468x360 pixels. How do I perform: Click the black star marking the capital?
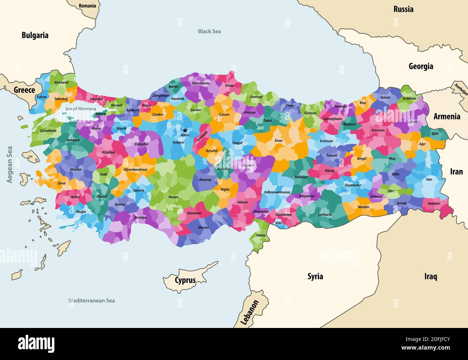pyautogui.click(x=185, y=130)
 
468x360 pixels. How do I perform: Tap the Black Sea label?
pyautogui.click(x=209, y=31)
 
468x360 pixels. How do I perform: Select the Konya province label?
pyautogui.click(x=173, y=197)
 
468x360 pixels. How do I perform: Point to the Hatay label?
pyautogui.click(x=261, y=235)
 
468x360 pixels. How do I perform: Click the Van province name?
pyautogui.click(x=429, y=179)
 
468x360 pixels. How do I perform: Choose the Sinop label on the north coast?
pyautogui.click(x=229, y=86)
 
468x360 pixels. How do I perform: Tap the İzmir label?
pyautogui.click(x=62, y=183)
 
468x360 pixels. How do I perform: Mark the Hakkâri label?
pyautogui.click(x=434, y=203)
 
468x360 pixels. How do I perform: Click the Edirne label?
pyautogui.click(x=41, y=97)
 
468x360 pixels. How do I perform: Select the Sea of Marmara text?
pyautogui.click(x=81, y=109)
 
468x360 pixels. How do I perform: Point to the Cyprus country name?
pyautogui.click(x=185, y=280)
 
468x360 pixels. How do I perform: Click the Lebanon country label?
pyautogui.click(x=249, y=312)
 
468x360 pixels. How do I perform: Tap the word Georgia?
pyautogui.click(x=421, y=66)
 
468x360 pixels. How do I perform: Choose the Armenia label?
pyautogui.click(x=447, y=116)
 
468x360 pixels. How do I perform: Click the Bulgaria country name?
pyautogui.click(x=35, y=35)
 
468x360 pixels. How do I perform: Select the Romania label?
pyautogui.click(x=87, y=6)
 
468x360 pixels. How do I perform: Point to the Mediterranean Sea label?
pyautogui.click(x=92, y=301)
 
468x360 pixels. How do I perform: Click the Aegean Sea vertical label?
pyautogui.click(x=10, y=164)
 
